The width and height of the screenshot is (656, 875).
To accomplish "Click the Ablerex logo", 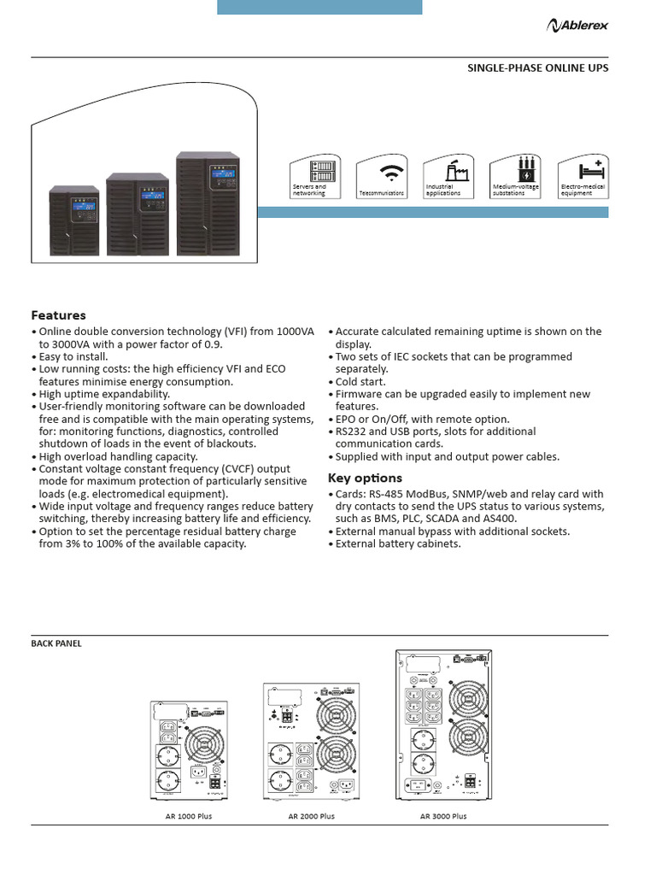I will pos(577,26).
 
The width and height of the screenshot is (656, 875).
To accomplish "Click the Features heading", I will pos(58,315).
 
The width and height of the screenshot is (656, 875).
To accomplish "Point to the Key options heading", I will pos(365,478).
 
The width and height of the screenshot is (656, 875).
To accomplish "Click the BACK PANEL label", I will pos(56,643).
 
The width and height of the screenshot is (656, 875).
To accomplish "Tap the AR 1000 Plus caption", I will pos(189,816).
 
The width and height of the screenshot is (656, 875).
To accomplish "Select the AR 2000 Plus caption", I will pos(312,816).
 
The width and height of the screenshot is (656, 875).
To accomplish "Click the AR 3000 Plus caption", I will pos(443,816).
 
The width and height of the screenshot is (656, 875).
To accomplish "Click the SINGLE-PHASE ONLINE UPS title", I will pos(537,68).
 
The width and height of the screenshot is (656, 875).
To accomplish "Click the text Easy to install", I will pos(73,356).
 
